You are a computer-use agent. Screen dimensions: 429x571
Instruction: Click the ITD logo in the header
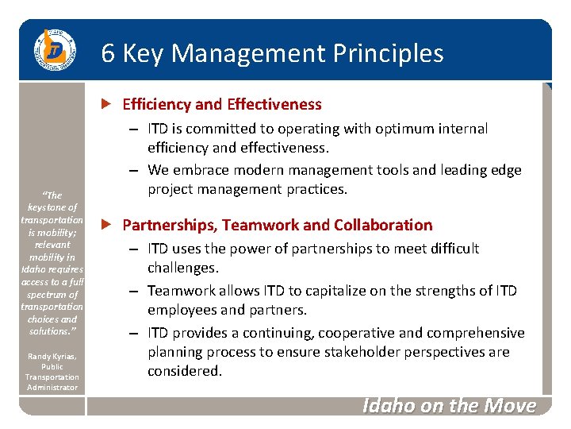tap(53, 50)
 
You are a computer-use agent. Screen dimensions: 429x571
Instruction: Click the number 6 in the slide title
tap(109, 53)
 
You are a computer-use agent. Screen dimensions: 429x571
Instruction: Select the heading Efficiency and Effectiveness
tap(222, 104)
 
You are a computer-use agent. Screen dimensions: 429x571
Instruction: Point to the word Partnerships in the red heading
tap(163, 225)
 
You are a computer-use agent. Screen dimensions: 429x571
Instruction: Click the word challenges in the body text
tap(182, 268)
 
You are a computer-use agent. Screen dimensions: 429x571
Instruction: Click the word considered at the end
tap(184, 371)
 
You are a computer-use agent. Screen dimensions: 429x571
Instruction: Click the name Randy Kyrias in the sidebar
tap(52, 357)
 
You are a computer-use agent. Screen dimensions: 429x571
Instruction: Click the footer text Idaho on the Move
tap(449, 406)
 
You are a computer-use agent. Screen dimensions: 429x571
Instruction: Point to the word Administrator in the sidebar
tap(52, 388)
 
